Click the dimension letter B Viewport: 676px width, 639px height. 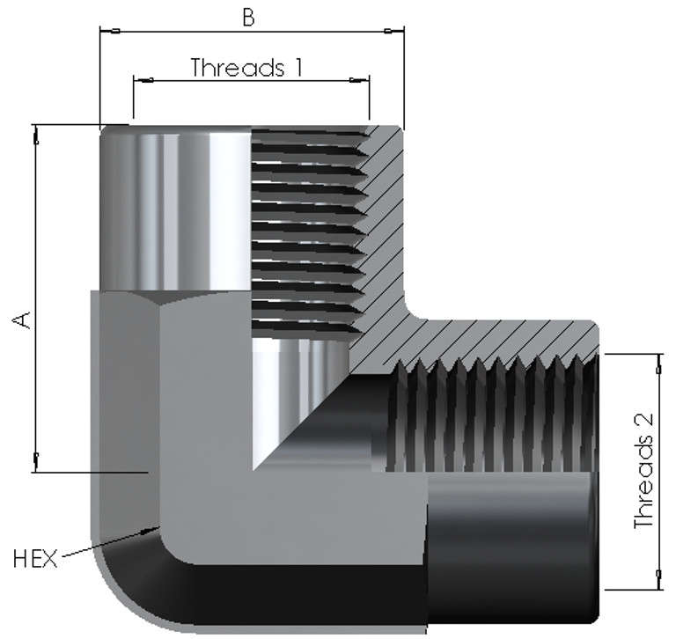(x=248, y=18)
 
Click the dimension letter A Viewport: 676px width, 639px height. (x=21, y=320)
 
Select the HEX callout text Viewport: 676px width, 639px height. (x=35, y=558)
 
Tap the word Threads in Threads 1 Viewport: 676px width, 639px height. (x=238, y=67)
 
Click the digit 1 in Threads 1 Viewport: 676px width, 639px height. (x=298, y=67)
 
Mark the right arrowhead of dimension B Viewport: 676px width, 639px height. (x=394, y=31)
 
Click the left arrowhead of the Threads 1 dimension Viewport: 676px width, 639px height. (x=143, y=80)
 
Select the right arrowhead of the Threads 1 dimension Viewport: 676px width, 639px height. (x=359, y=80)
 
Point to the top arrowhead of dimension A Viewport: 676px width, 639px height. (x=36, y=135)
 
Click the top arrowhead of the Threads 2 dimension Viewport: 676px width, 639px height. (x=658, y=364)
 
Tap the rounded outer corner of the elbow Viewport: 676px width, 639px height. (x=116, y=596)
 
